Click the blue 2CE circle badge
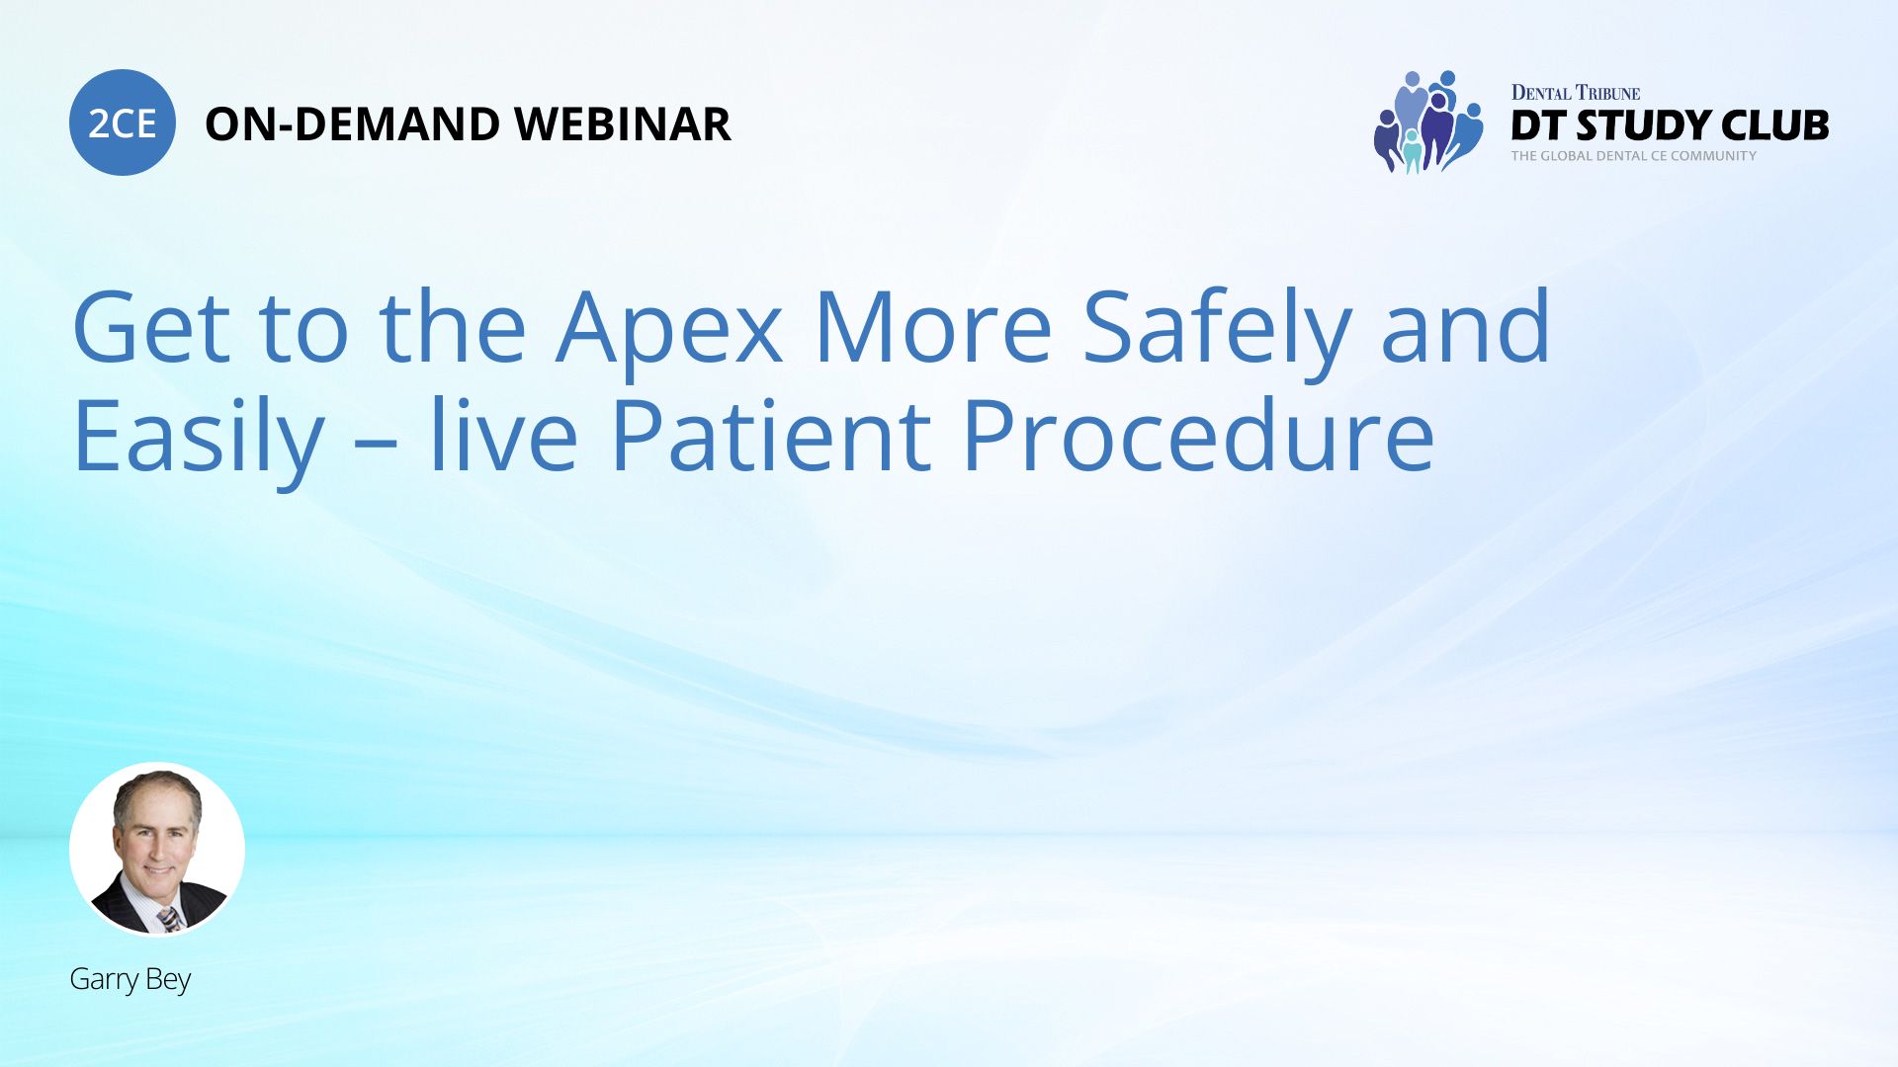click(x=123, y=123)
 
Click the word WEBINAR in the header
click(x=623, y=124)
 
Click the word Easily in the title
click(x=199, y=438)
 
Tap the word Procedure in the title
click(x=1198, y=436)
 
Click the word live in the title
click(x=502, y=434)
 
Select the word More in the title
click(x=933, y=327)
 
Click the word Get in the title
click(x=151, y=327)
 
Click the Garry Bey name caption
click(x=130, y=979)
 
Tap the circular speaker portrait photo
click(x=157, y=850)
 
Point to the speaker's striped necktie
click(x=170, y=920)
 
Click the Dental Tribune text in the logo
click(x=1576, y=93)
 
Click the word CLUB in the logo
click(x=1775, y=125)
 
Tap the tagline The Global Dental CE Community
click(x=1634, y=156)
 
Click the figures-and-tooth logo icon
click(x=1428, y=122)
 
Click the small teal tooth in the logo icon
click(x=1412, y=152)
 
